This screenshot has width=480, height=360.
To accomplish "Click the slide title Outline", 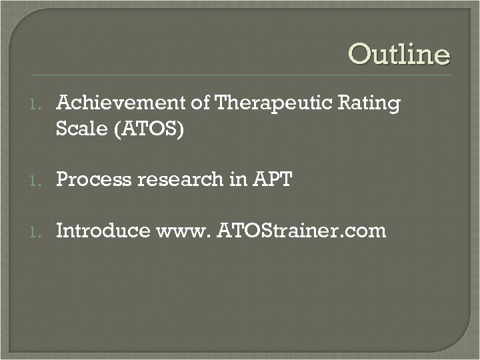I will (x=399, y=55).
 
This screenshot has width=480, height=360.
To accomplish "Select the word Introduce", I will (x=103, y=231).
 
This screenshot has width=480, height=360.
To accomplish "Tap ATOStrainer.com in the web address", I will (x=301, y=231).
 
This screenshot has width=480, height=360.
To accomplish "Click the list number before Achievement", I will (x=38, y=105).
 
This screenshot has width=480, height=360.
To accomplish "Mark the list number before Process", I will (x=38, y=179).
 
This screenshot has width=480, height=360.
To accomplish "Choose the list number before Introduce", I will (x=38, y=232).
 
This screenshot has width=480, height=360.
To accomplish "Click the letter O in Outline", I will (x=360, y=55).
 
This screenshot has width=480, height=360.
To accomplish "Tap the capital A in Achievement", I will (x=65, y=103).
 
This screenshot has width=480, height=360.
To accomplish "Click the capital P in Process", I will (x=63, y=179).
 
